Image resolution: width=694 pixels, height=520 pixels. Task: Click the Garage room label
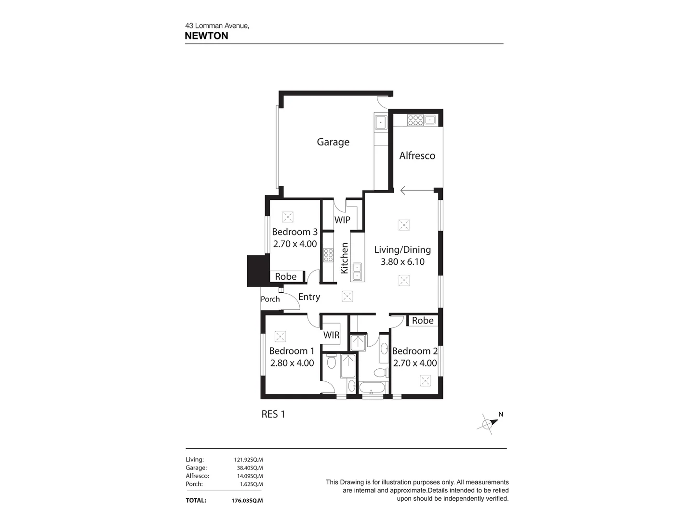(x=333, y=142)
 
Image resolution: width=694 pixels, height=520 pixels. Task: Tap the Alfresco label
(x=417, y=156)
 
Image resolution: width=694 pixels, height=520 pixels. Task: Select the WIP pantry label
(x=342, y=220)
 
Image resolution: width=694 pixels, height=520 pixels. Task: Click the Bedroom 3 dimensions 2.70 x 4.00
(x=294, y=244)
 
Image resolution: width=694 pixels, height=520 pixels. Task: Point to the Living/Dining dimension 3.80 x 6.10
(x=402, y=262)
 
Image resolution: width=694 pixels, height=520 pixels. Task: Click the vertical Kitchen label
(x=344, y=258)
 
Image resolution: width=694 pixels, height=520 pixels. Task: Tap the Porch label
(x=270, y=299)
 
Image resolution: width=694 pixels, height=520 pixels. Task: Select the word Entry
(x=309, y=297)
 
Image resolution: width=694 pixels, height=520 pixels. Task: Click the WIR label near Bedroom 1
(x=331, y=335)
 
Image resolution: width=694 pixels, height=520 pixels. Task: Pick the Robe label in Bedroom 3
(x=286, y=277)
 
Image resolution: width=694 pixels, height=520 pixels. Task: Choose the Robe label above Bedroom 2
(x=423, y=321)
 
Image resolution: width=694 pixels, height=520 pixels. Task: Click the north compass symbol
(x=489, y=423)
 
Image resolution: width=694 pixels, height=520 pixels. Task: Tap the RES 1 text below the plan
(x=273, y=414)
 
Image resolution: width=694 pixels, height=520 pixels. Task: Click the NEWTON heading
(x=206, y=36)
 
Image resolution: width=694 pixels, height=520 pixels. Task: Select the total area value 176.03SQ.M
(x=247, y=501)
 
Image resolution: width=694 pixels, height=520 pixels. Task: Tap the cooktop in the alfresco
(x=415, y=120)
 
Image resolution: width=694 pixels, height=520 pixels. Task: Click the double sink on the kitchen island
(x=357, y=272)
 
